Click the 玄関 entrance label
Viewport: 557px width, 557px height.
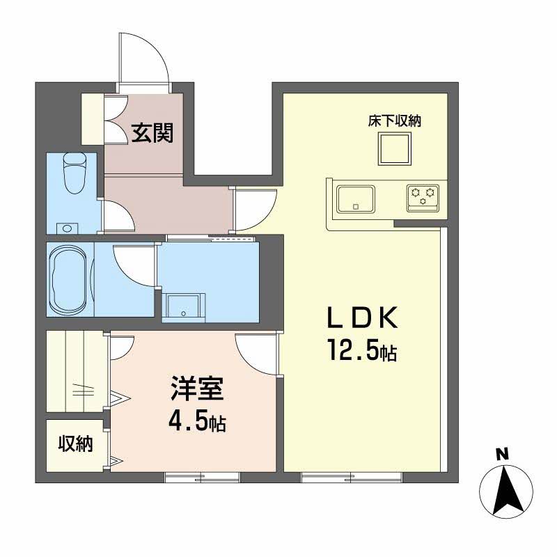tap(152, 131)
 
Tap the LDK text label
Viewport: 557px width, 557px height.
tap(363, 319)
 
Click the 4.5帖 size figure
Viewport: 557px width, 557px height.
tap(197, 422)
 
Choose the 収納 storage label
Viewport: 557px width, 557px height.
tap(75, 444)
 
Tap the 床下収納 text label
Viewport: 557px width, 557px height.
tap(395, 120)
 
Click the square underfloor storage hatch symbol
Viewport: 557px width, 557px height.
tap(395, 148)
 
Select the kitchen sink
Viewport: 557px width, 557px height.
tap(356, 198)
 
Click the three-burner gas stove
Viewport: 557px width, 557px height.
tap(423, 198)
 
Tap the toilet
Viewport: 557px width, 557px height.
tap(73, 174)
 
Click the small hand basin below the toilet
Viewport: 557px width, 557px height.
tap(67, 227)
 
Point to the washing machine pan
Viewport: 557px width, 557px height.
tap(185, 306)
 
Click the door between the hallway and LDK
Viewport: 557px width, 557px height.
tap(253, 210)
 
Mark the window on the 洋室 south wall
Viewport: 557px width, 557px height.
tap(202, 478)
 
